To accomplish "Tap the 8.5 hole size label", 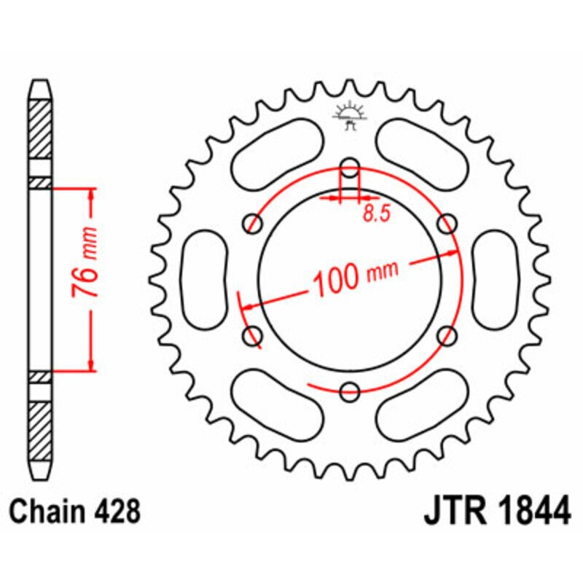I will coord(372,214).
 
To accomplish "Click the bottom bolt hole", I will coord(351,391).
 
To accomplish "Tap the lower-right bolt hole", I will coord(448,335).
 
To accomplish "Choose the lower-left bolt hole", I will coord(253,335).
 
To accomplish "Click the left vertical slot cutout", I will coord(204,280).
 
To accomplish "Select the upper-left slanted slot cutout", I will coord(278,154).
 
